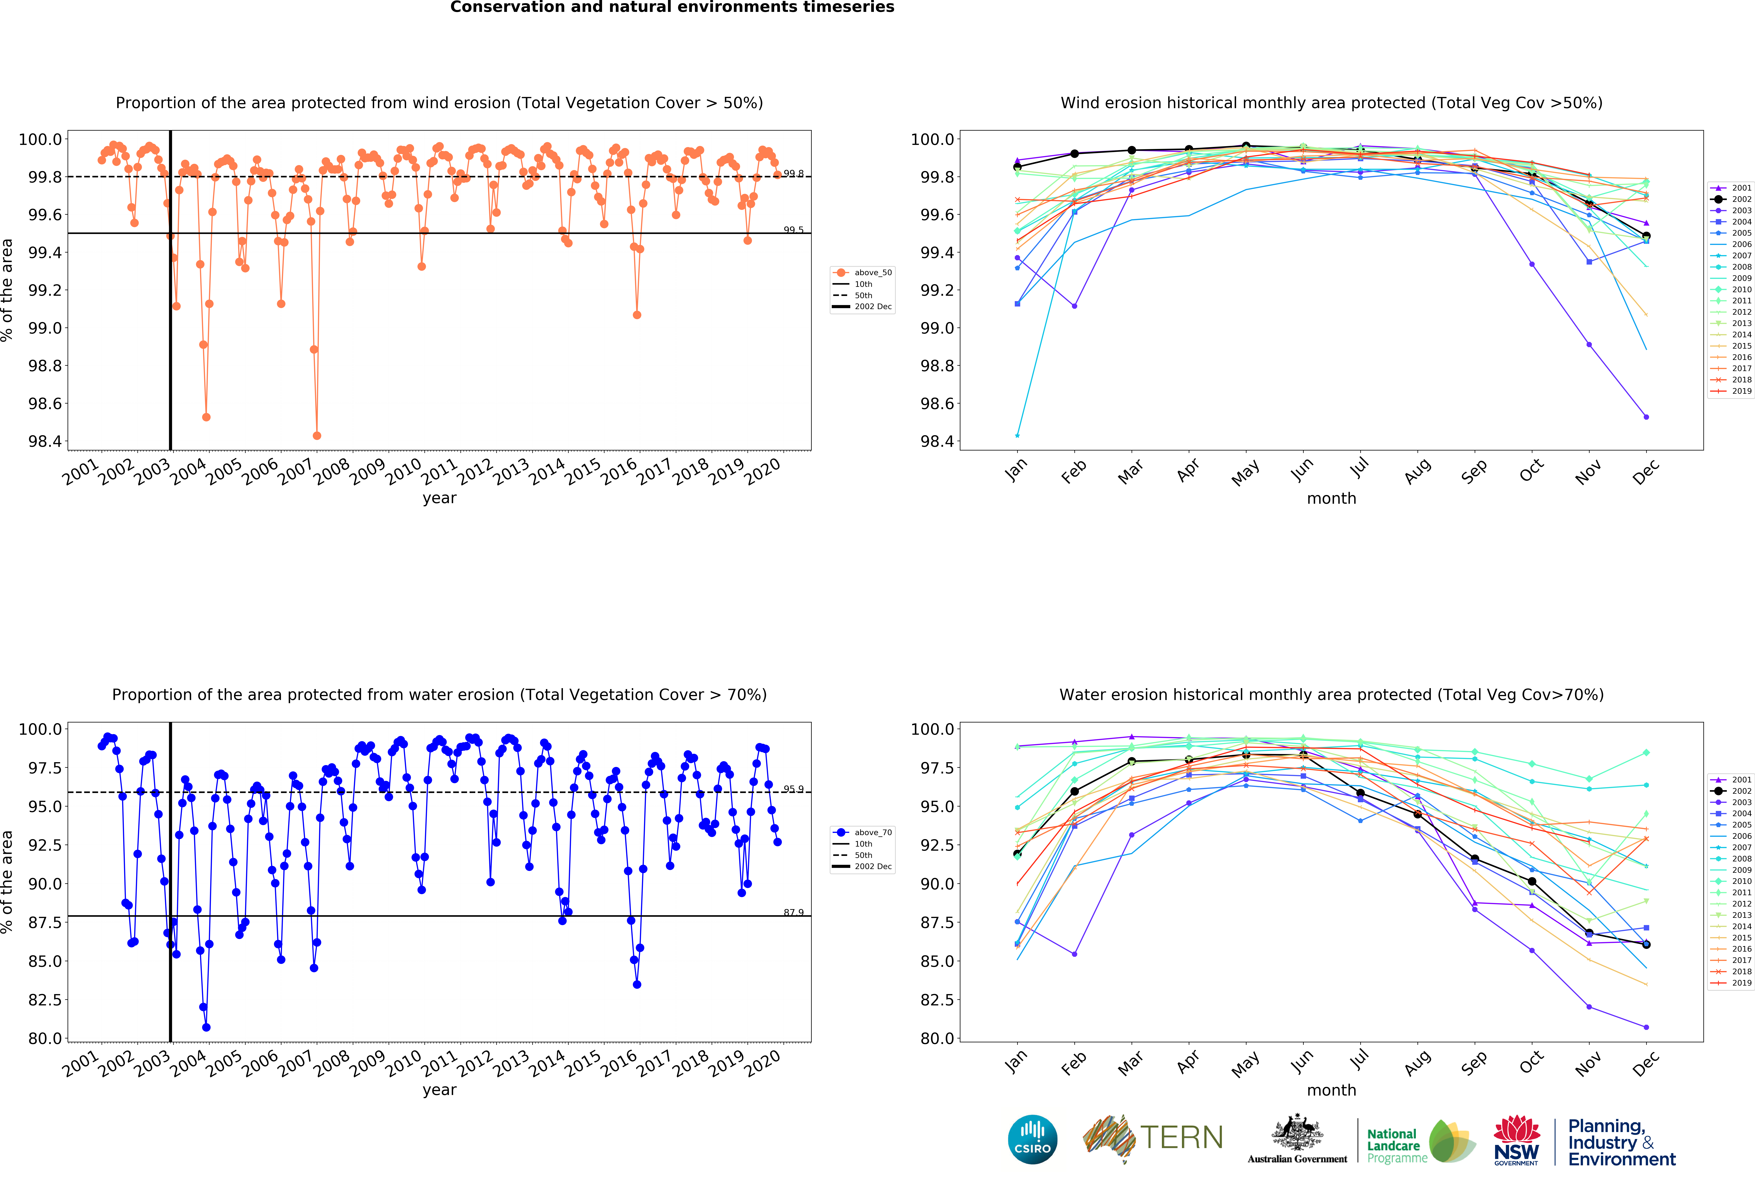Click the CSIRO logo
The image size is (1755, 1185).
tap(1032, 1139)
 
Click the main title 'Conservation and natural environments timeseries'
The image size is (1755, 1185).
tap(672, 8)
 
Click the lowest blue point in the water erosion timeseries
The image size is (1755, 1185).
tap(206, 1027)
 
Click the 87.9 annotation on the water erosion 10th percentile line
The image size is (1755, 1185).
tap(793, 912)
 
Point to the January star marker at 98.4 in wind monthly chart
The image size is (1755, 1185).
tap(1017, 435)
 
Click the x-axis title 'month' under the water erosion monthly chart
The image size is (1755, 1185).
tap(1331, 1090)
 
